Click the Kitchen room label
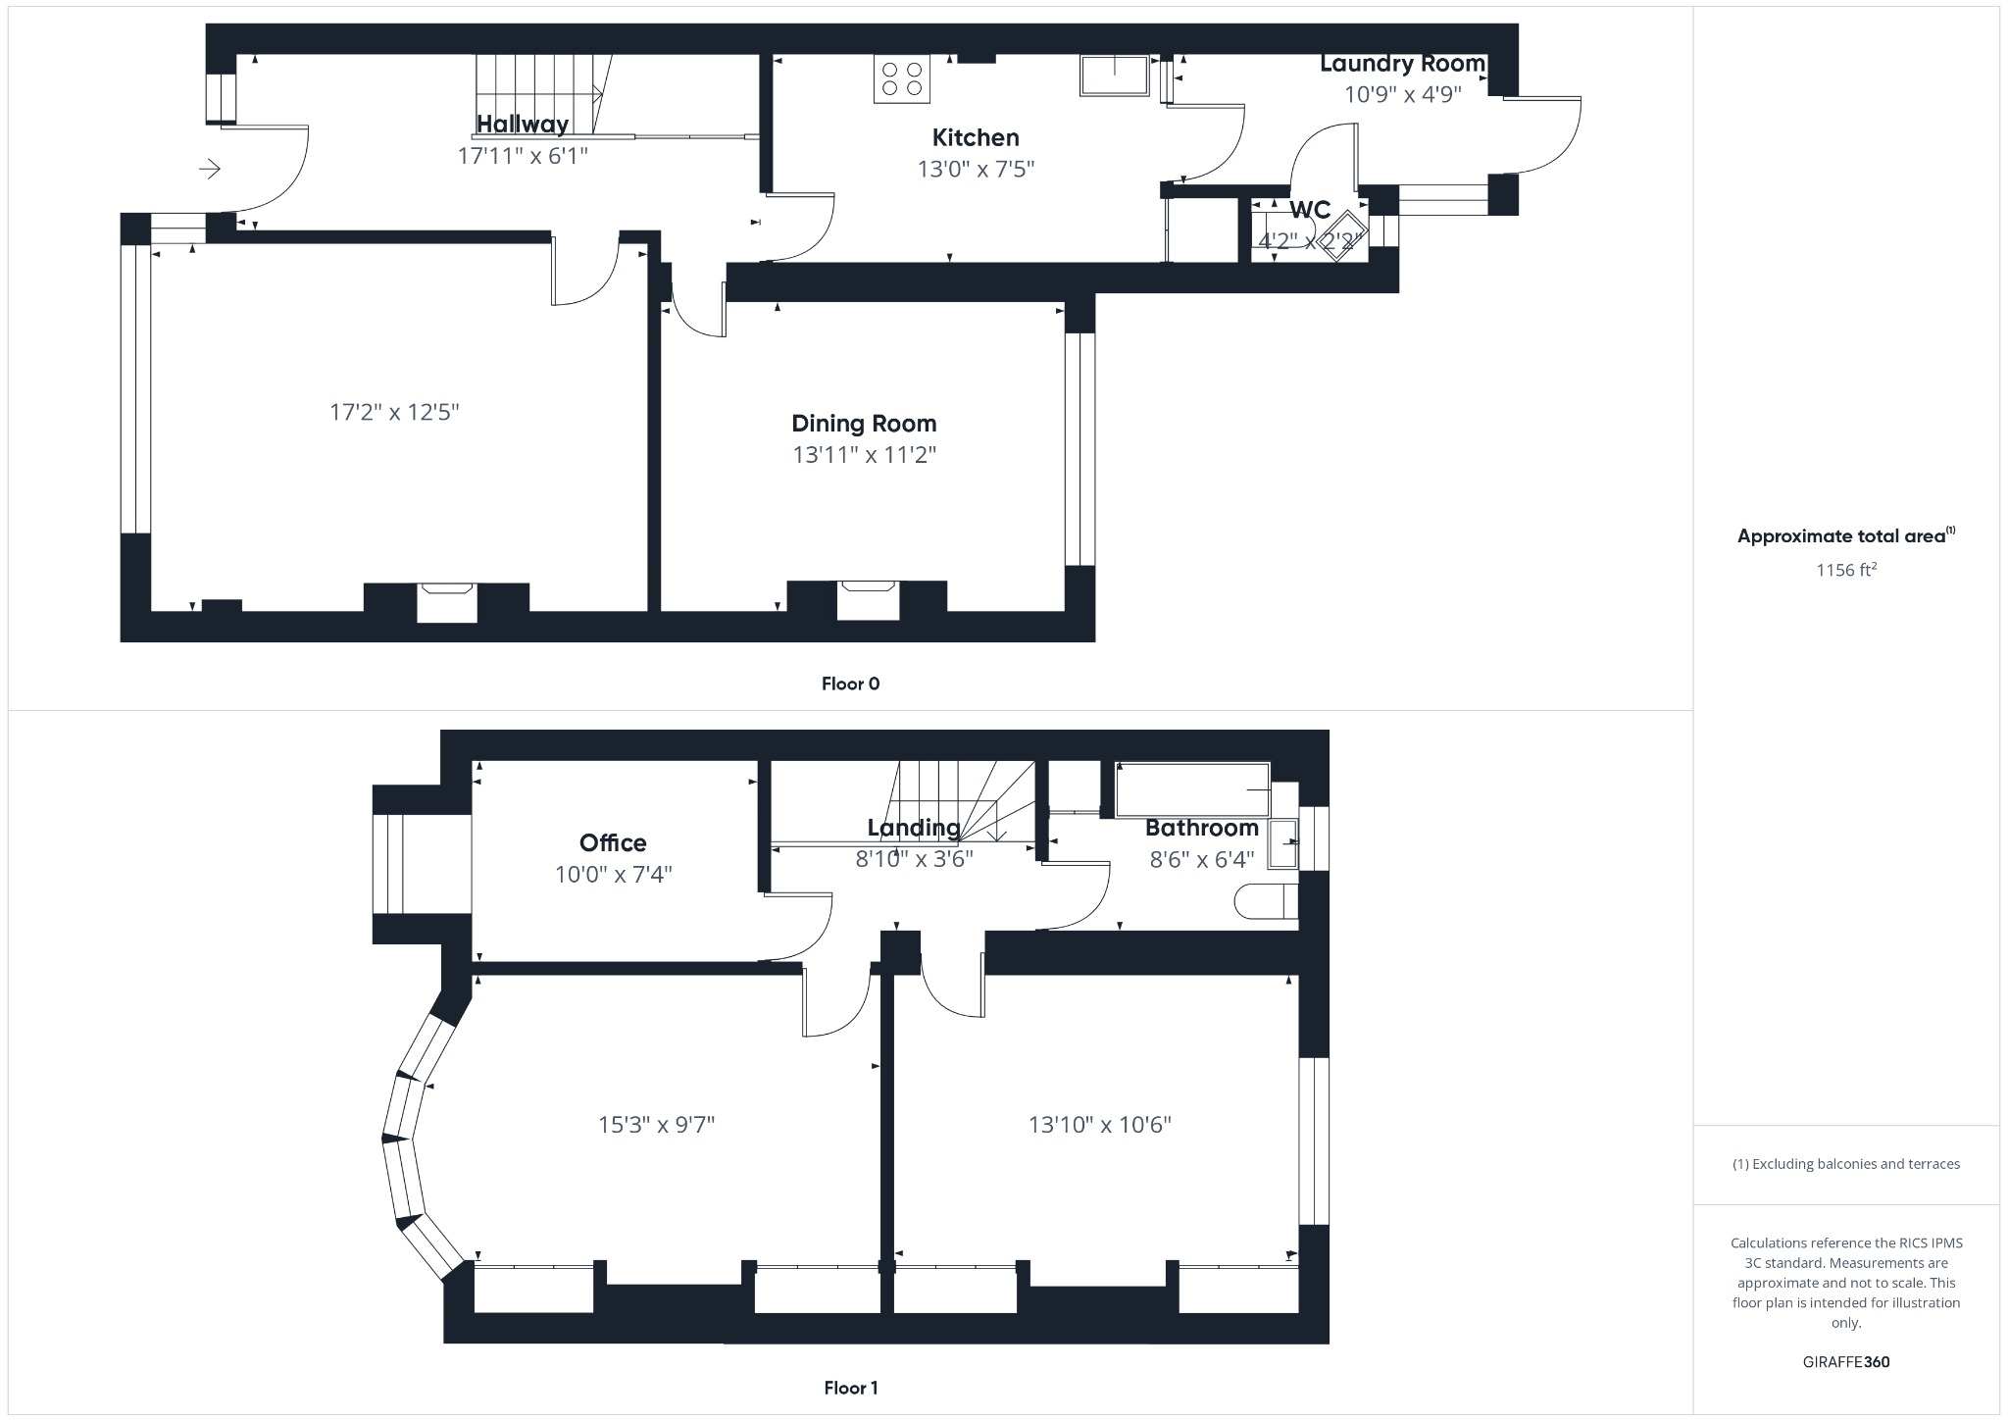coord(975,137)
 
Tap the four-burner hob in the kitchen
coord(901,78)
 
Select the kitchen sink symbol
coord(1114,76)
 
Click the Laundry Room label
coord(1402,64)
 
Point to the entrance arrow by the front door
coord(210,170)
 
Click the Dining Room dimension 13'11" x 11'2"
coord(864,455)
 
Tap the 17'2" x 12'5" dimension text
coord(394,412)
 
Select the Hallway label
coord(522,125)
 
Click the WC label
coord(1309,210)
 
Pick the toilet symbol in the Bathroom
coord(1265,901)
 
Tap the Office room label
coord(613,843)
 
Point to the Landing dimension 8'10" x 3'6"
coord(913,860)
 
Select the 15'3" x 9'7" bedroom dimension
coord(656,1125)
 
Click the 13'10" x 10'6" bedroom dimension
coord(1099,1125)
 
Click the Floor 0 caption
coord(850,685)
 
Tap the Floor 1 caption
coord(850,1388)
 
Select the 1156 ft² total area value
coord(1845,570)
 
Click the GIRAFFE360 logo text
coord(1845,1362)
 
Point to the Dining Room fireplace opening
coord(868,600)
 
